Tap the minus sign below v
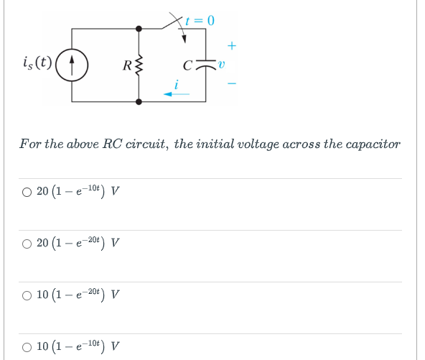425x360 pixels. pyautogui.click(x=231, y=84)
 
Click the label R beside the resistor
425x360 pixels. pyautogui.click(x=127, y=68)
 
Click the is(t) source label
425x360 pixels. pyautogui.click(x=36, y=62)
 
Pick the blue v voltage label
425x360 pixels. pyautogui.click(x=223, y=65)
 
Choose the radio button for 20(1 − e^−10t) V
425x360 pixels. pyautogui.click(x=27, y=192)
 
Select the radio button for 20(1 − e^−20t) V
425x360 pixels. pyautogui.click(x=27, y=243)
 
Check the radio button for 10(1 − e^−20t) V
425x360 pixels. pyautogui.click(x=27, y=295)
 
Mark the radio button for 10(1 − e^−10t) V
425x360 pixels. pyautogui.click(x=27, y=346)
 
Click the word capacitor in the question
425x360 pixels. pyautogui.click(x=370, y=144)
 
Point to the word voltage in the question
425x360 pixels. pyautogui.click(x=246, y=144)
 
